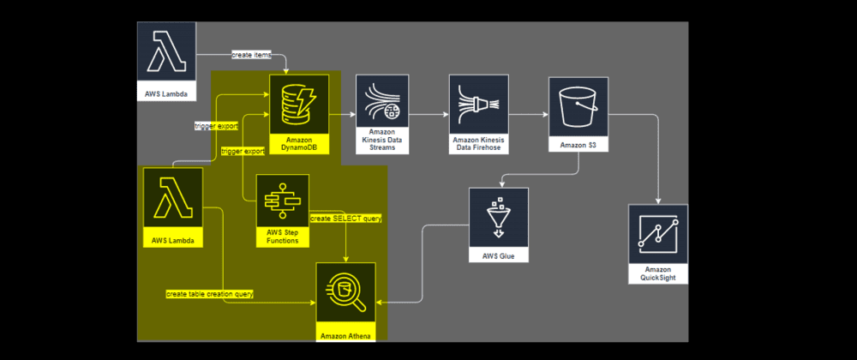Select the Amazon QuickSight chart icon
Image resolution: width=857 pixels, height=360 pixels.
[658, 233]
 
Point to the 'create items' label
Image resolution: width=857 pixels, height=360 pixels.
[251, 56]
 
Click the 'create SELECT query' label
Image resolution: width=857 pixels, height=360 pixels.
[345, 219]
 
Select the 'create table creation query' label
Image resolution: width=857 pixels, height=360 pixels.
[209, 294]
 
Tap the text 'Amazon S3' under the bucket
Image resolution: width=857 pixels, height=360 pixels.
[578, 146]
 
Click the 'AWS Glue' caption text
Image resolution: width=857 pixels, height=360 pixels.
[498, 255]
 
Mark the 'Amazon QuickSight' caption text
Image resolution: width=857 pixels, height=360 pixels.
[658, 273]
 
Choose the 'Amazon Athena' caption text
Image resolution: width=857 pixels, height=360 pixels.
[345, 335]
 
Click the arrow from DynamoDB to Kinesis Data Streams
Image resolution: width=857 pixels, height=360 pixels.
[343, 114]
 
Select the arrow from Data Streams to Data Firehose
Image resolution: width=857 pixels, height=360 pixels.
[428, 114]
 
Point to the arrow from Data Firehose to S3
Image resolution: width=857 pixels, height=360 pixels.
[524, 114]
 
